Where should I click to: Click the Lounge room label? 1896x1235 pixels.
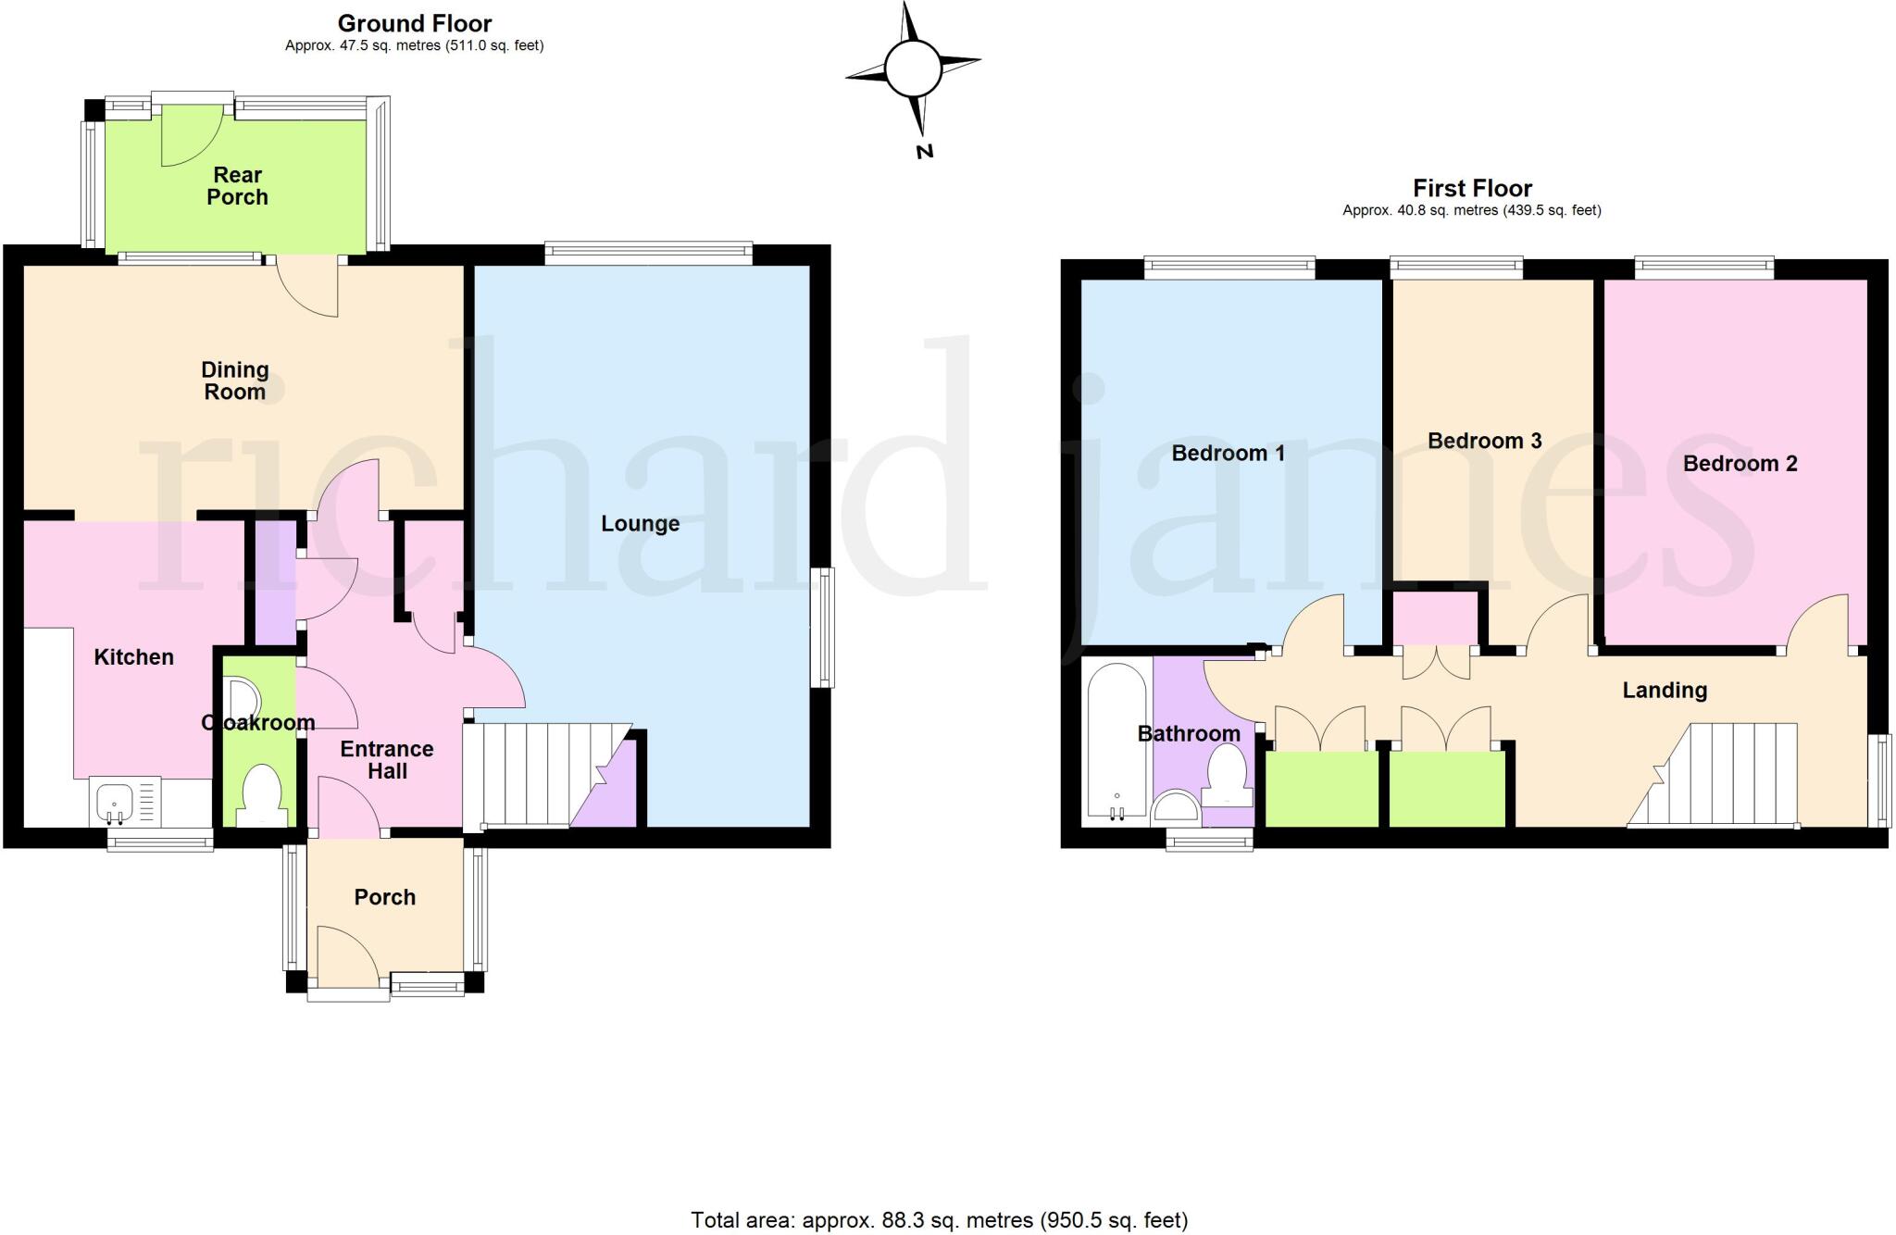tap(640, 524)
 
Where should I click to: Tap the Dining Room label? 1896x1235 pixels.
tap(235, 380)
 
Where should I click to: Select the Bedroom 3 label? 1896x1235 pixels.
tap(1484, 441)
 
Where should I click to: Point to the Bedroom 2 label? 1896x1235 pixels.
tap(1740, 464)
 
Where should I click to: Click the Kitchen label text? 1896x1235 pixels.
tap(134, 657)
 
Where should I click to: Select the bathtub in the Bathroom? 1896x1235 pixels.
tap(1116, 742)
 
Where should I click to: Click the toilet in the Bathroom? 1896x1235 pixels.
tap(1227, 776)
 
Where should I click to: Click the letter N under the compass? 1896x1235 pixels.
tap(924, 151)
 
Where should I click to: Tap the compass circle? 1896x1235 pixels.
tap(913, 69)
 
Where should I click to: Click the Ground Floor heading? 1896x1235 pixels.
tap(414, 23)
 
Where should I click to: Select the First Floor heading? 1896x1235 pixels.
tap(1472, 189)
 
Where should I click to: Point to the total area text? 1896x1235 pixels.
tap(939, 1220)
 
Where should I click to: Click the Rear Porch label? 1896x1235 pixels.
tap(237, 186)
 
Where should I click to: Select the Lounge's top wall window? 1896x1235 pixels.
tap(648, 249)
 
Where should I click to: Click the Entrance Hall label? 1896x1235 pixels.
tap(387, 760)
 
